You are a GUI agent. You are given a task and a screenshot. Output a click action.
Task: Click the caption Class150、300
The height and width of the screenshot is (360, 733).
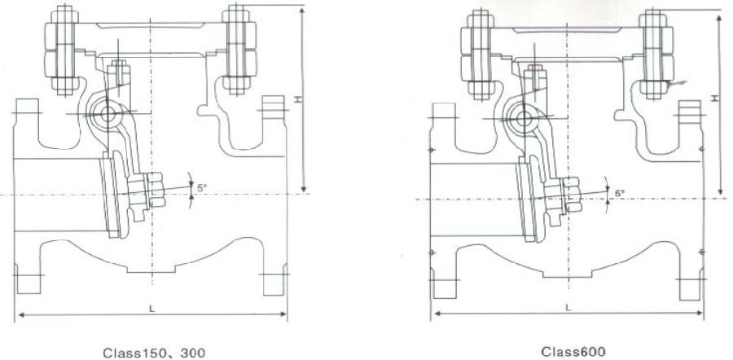click(x=154, y=353)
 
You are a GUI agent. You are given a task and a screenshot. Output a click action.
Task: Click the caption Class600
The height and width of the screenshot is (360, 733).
click(x=573, y=351)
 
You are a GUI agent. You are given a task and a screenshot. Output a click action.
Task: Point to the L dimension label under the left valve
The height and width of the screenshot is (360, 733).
click(x=151, y=309)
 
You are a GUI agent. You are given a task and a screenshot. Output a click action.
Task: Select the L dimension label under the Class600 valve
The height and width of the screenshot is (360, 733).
click(x=568, y=308)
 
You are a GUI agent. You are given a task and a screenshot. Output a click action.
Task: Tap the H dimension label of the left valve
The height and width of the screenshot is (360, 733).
click(x=298, y=99)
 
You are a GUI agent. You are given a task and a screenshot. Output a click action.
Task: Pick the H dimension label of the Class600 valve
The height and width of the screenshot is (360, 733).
click(x=715, y=99)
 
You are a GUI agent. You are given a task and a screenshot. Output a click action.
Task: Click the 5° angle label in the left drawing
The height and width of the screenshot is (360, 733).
click(x=201, y=188)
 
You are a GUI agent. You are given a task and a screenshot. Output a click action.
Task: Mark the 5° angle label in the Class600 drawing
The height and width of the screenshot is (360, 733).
click(x=620, y=192)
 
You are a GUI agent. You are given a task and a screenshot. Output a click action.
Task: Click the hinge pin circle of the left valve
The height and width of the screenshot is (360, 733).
click(x=108, y=113)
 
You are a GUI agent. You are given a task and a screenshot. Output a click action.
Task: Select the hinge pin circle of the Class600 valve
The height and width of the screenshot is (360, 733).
click(x=524, y=118)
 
